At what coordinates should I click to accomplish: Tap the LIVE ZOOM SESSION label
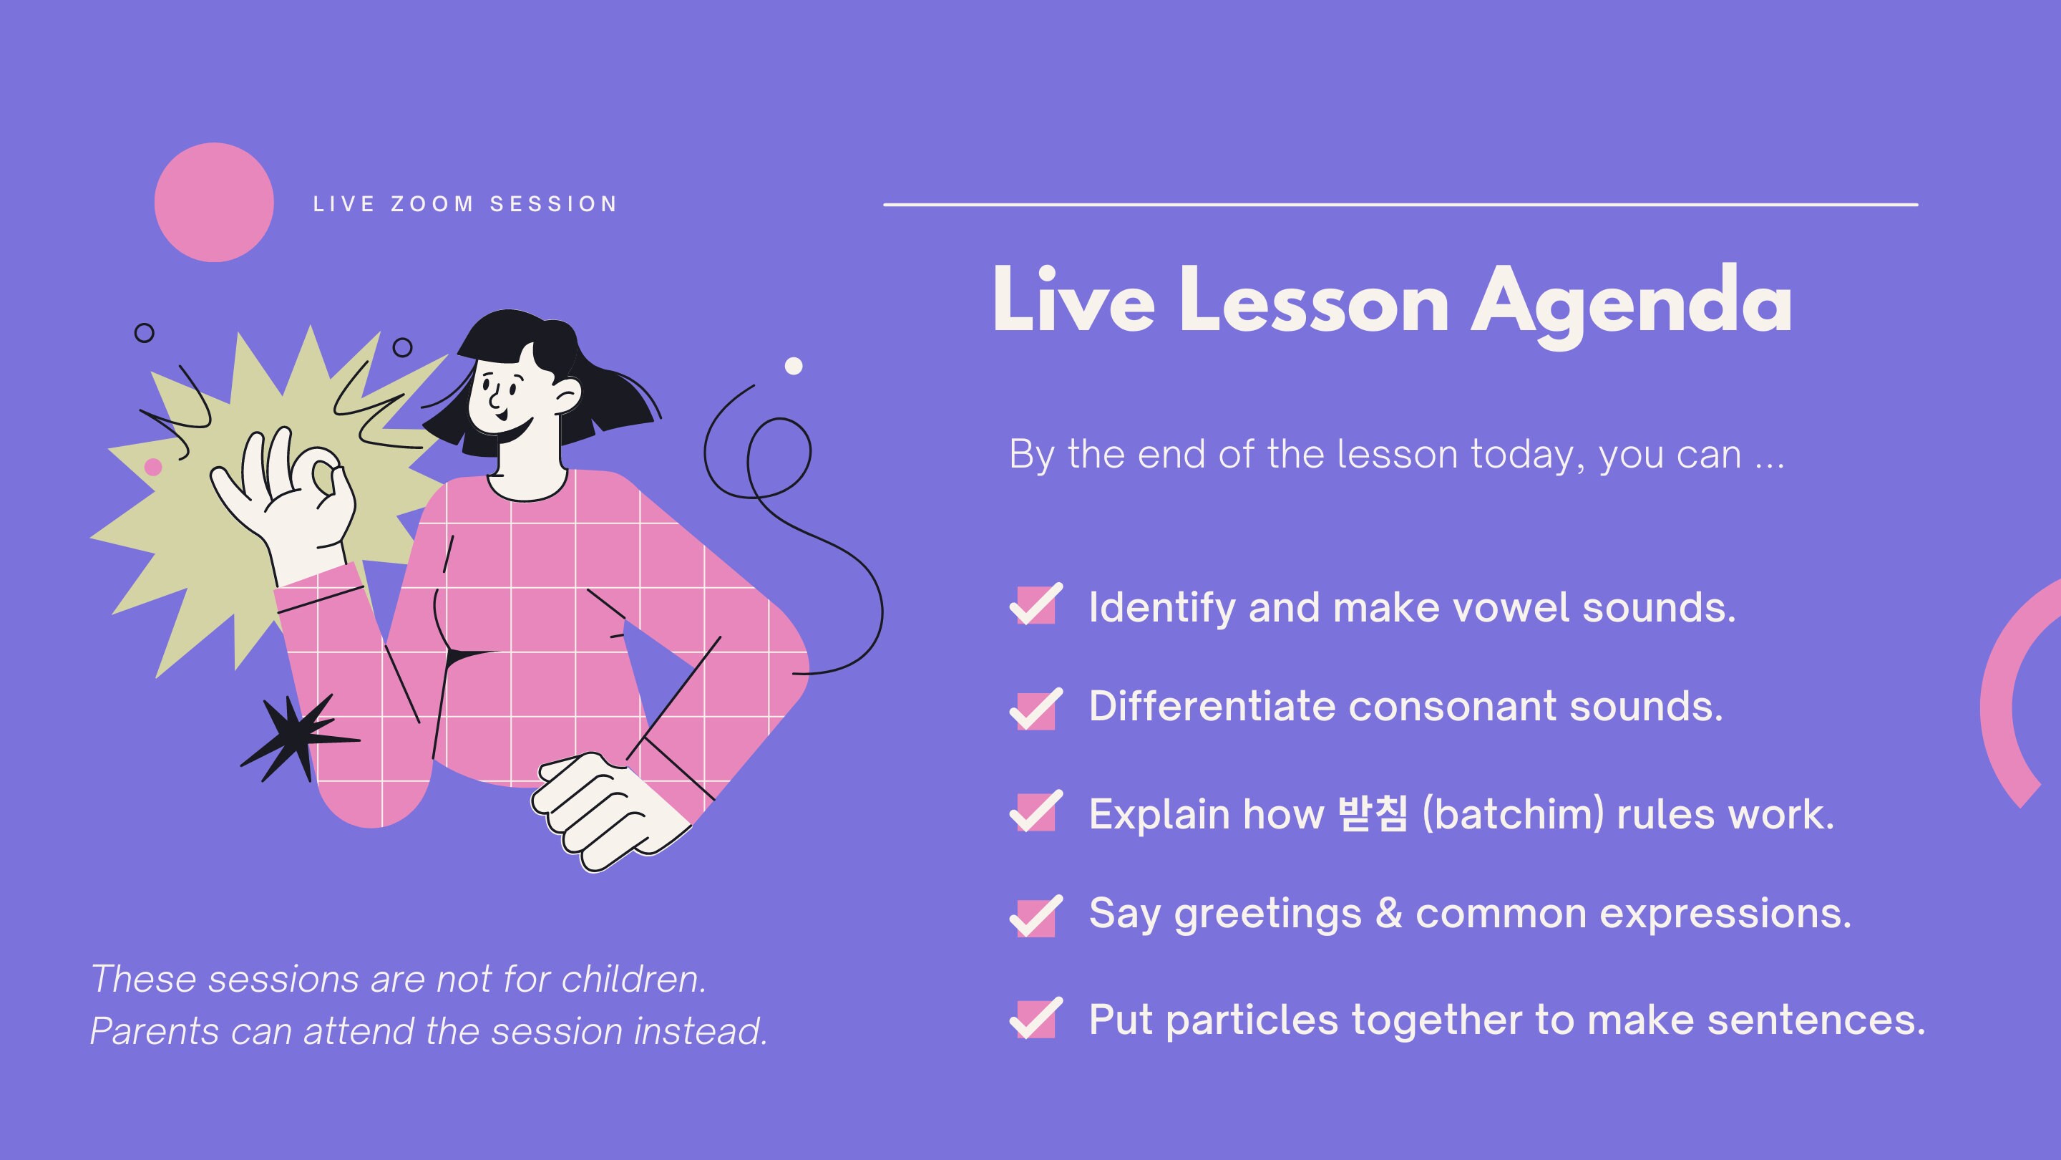tap(466, 204)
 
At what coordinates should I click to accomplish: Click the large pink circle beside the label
tap(214, 202)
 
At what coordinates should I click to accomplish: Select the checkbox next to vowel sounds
tap(1036, 605)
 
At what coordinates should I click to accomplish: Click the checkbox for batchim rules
tap(1036, 812)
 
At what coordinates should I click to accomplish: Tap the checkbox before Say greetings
tap(1036, 917)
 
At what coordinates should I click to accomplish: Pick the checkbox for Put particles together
tap(1036, 1019)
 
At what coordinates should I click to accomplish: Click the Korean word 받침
tap(1372, 814)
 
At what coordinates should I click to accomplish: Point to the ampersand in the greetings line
tap(1388, 913)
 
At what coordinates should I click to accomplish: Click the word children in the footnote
tap(633, 978)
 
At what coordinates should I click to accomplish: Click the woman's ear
tap(567, 394)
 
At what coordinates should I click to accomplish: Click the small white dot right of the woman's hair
tap(793, 366)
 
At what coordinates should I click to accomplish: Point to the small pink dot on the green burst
tap(153, 467)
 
